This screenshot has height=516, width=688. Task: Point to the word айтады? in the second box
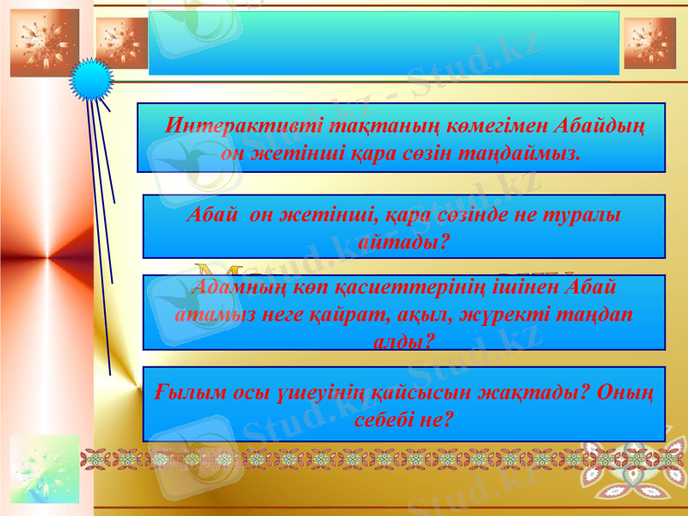click(404, 243)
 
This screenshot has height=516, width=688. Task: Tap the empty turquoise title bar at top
click(384, 43)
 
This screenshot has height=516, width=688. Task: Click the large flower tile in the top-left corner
click(44, 43)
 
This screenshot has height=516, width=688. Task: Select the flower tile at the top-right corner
click(649, 43)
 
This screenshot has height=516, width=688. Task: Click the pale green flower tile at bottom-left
click(44, 469)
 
